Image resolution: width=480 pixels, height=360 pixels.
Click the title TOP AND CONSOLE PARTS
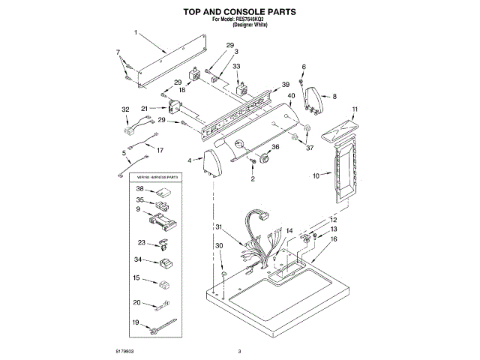pos(239,13)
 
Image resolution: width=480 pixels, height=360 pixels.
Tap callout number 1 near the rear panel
pos(136,33)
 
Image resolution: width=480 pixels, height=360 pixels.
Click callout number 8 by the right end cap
pos(334,96)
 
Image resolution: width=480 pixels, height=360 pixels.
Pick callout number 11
pos(355,109)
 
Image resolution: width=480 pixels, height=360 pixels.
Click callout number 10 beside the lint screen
pos(316,175)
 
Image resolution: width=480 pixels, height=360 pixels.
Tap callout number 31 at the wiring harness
pos(219,227)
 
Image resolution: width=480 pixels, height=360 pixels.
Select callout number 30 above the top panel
pos(219,246)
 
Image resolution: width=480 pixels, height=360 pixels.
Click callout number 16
pos(334,238)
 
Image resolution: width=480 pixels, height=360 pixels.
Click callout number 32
pos(125,109)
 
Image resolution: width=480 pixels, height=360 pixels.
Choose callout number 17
pos(158,149)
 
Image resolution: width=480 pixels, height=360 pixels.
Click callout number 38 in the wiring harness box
pos(139,188)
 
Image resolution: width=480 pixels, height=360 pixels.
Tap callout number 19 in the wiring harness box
pos(136,322)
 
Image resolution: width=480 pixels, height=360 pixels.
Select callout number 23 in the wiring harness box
pos(141,242)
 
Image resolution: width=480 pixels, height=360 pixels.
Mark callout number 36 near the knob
pos(274,148)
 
